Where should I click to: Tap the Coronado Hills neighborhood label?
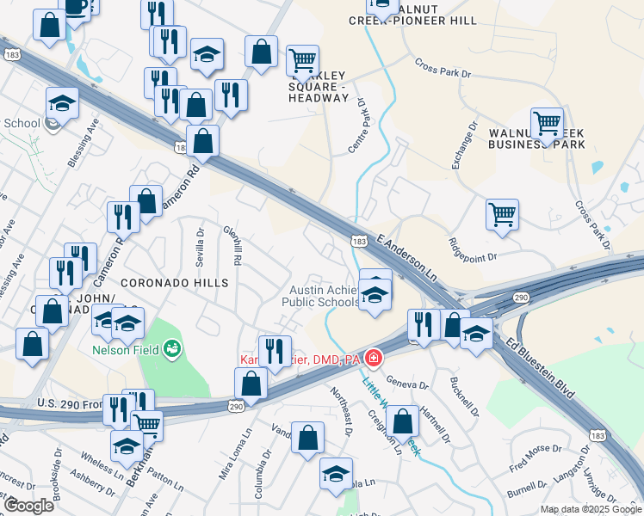[175, 282]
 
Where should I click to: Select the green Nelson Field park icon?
[172, 348]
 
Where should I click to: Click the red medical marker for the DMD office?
[374, 357]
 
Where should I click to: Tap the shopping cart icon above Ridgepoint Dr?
[502, 214]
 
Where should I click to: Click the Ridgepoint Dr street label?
[473, 256]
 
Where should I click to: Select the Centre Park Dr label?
[357, 126]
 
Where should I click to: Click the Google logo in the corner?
[29, 506]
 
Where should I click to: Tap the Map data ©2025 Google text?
[590, 509]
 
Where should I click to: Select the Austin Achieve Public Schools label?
[323, 296]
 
